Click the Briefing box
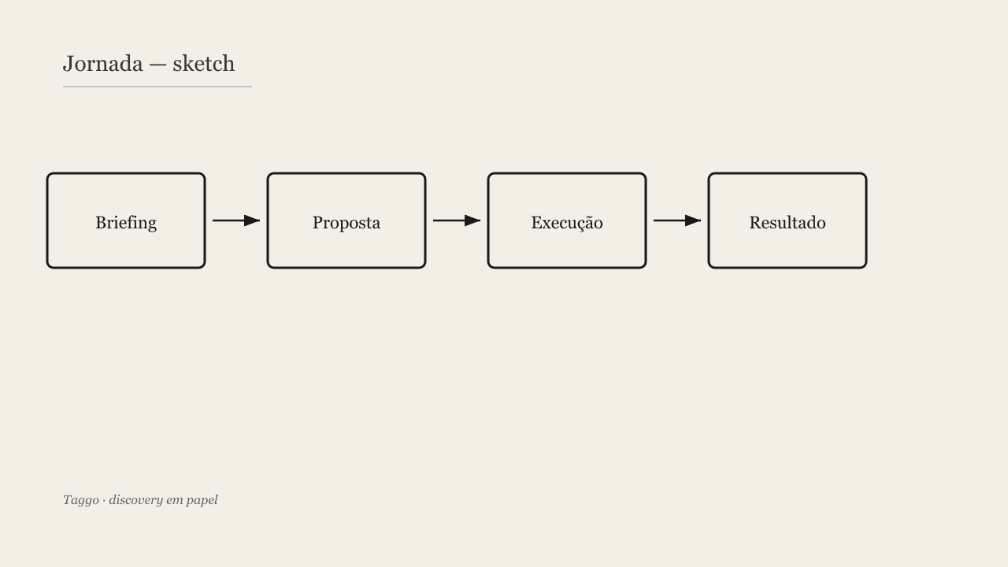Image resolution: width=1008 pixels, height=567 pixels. coord(126,220)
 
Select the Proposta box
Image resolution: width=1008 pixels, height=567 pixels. coord(346,220)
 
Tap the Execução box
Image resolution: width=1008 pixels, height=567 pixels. coord(567,220)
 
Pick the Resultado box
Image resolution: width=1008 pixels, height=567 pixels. coord(787,220)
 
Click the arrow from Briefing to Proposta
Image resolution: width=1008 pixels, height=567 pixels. coord(236,220)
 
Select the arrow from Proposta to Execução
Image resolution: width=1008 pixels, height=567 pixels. coord(457,220)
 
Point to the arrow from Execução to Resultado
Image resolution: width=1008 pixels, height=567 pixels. coord(677,220)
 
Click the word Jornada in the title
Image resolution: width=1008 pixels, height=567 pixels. coord(103,64)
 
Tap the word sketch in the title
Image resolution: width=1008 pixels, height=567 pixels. coord(204,64)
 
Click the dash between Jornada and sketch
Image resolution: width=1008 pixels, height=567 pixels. coord(158,65)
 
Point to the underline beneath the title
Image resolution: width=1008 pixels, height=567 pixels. coord(157,87)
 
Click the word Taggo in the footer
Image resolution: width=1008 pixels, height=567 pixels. coord(81,500)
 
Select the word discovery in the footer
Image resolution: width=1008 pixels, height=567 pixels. coord(136,500)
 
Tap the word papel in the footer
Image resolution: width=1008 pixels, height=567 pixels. coord(202,500)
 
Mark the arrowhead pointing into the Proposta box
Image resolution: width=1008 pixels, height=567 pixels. coord(252,220)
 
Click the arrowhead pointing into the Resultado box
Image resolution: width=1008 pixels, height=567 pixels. coord(693,220)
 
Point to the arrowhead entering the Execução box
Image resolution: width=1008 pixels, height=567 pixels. coord(472,220)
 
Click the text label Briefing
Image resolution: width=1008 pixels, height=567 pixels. coord(126,223)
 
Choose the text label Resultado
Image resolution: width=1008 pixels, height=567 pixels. coord(787,223)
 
